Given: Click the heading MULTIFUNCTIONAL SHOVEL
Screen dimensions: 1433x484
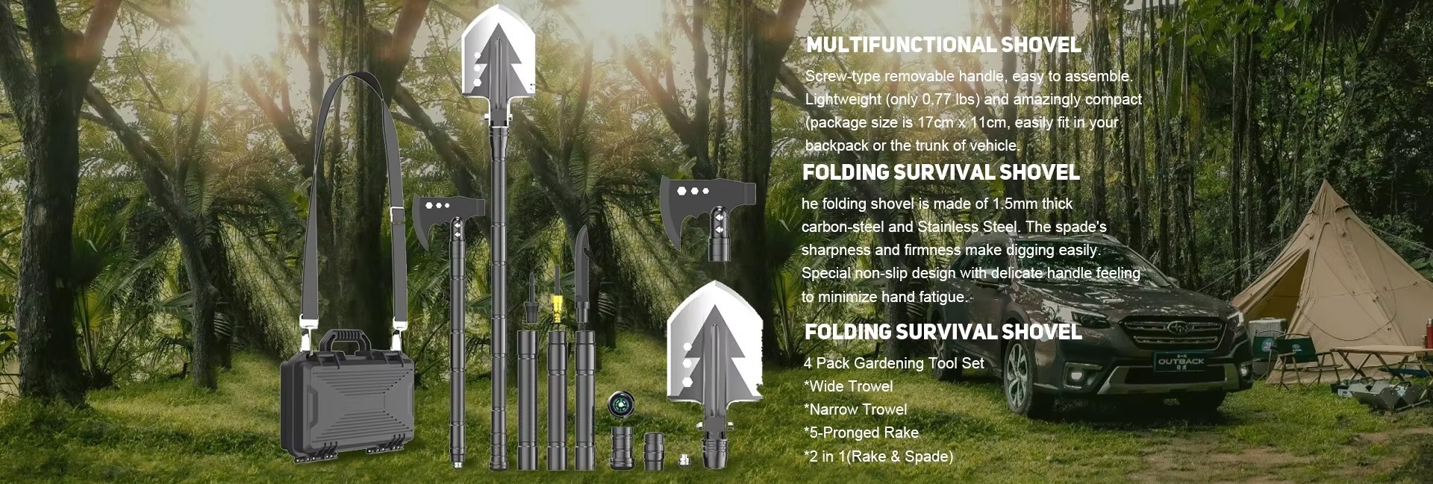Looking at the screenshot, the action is [943, 45].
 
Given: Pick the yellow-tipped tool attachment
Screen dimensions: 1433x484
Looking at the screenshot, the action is [557, 306].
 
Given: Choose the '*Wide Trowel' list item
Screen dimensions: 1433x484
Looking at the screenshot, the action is [849, 386].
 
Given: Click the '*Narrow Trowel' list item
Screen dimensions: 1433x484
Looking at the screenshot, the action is [856, 409].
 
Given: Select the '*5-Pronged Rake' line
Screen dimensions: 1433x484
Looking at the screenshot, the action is [861, 433].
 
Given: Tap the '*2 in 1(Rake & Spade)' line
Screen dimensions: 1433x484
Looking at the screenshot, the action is [878, 456].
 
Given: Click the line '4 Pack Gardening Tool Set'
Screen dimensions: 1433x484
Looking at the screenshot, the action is [894, 363].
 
